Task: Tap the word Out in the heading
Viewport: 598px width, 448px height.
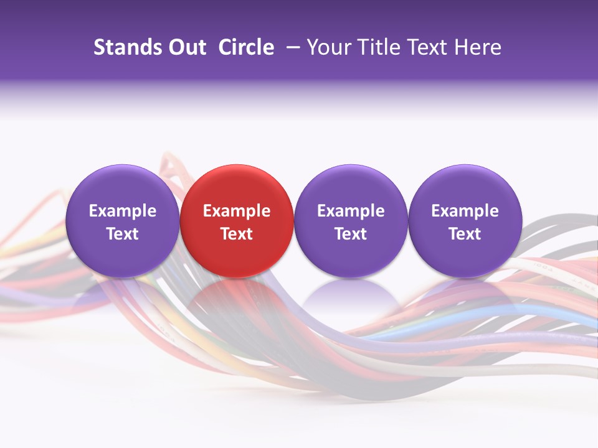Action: [186, 47]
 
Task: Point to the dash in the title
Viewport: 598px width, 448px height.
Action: [290, 47]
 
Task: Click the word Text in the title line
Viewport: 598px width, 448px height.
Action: [429, 47]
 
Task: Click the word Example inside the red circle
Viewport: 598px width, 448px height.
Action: [236, 211]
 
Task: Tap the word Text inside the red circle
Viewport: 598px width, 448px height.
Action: [236, 234]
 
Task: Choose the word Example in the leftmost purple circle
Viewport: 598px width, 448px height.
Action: [122, 211]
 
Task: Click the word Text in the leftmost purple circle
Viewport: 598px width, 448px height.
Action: [122, 234]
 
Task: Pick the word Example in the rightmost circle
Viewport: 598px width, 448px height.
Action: [465, 211]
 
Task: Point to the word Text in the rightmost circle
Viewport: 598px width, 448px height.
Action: [465, 234]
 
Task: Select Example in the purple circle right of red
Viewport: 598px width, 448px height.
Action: [351, 211]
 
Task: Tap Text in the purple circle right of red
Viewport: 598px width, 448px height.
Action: [351, 234]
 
